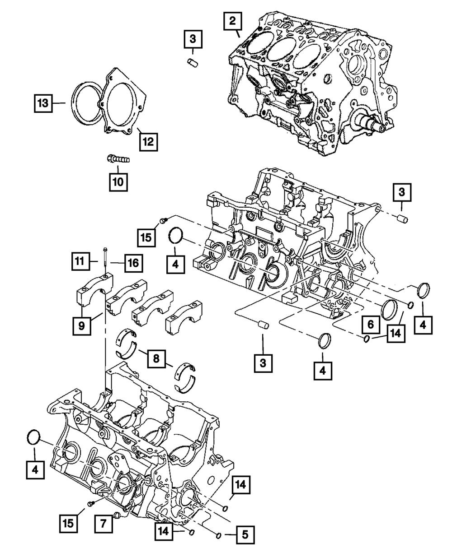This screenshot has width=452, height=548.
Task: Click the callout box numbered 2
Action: [232, 21]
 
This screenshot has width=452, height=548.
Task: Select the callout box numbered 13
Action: [42, 103]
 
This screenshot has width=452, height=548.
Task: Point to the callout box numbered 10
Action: [117, 182]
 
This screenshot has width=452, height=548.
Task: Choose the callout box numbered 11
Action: [80, 260]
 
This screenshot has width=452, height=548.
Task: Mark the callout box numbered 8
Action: [156, 359]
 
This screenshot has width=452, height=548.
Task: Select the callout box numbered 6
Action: [370, 324]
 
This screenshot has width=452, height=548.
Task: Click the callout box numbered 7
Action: [104, 524]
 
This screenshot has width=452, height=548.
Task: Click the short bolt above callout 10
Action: [118, 159]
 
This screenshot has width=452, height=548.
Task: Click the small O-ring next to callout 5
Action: [219, 535]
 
